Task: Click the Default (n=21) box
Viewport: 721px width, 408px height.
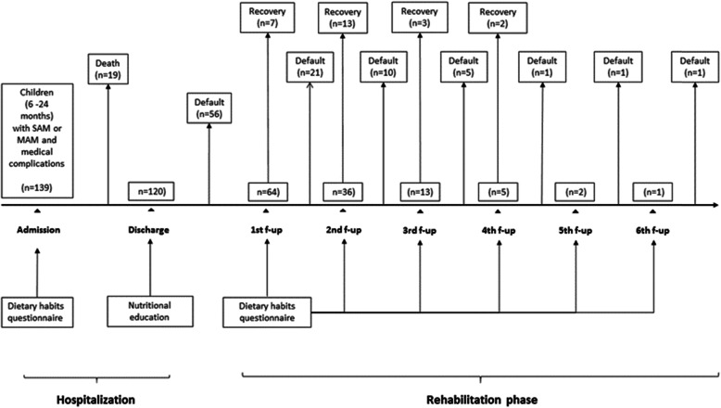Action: (x=310, y=67)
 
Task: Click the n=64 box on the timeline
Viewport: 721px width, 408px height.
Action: (x=267, y=192)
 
